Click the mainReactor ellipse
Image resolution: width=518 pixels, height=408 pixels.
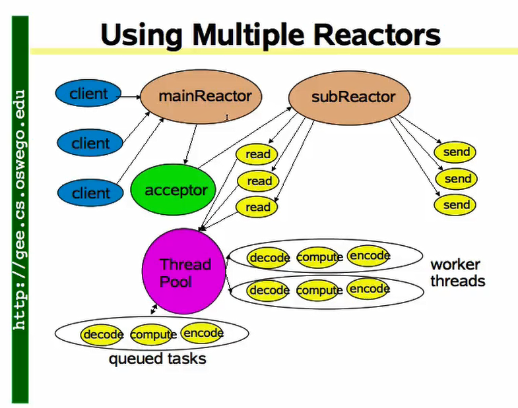[x=205, y=96]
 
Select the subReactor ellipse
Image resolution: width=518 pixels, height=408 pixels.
[x=352, y=98]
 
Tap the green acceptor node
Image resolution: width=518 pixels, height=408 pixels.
[x=175, y=191]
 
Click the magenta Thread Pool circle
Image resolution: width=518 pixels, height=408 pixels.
[x=185, y=273]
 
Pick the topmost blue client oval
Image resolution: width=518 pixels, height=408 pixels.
[x=88, y=94]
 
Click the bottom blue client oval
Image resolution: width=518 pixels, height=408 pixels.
[x=91, y=193]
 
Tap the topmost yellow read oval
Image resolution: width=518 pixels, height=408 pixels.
[x=258, y=154]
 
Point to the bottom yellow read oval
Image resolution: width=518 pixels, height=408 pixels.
[x=258, y=207]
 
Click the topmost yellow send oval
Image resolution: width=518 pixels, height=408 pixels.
[x=457, y=152]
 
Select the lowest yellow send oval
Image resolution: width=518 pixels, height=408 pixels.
[x=457, y=205]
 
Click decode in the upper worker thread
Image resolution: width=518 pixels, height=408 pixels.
[x=269, y=258]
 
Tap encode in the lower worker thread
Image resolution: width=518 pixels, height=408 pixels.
[x=369, y=289]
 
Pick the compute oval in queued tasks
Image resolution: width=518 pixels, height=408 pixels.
[x=153, y=335]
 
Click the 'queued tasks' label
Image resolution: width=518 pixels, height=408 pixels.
[x=157, y=359]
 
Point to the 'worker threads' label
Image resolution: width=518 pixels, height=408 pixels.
[x=457, y=273]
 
